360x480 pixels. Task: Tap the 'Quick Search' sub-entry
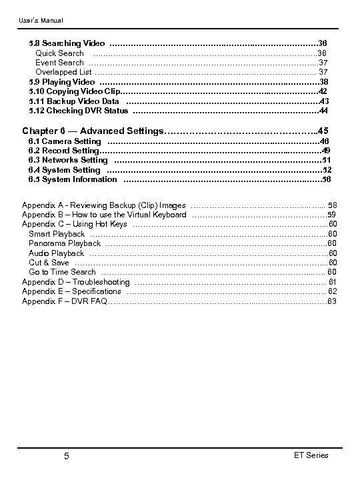pos(59,53)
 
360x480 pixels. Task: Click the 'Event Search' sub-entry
pos(59,62)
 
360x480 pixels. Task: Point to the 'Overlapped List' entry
pos(63,71)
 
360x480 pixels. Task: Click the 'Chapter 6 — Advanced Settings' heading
pos(93,130)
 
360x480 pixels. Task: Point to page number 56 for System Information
pos(326,179)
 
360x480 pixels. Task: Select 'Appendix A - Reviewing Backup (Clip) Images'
pos(104,205)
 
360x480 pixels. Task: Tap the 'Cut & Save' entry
pos(49,263)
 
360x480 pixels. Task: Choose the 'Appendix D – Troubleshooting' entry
pos(76,282)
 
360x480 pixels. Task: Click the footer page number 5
pos(67,456)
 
